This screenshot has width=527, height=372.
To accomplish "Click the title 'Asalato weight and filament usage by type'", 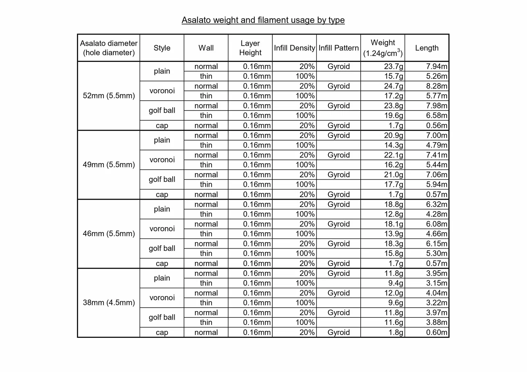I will coord(263,20).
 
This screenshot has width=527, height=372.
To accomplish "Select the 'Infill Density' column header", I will coord(294,48).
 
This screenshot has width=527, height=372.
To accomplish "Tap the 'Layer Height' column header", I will coord(250,48).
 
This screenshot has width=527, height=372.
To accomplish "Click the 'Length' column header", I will coord(427,48).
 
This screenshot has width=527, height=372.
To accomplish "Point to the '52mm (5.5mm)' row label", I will coord(109,96).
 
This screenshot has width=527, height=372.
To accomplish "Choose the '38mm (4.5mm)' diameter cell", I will coord(109,303).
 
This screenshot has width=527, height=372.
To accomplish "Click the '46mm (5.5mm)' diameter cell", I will coord(109,234).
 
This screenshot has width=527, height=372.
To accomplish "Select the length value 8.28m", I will coord(436,86).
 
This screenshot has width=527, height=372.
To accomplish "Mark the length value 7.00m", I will coord(436,135).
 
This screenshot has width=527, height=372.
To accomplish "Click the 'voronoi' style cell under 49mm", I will coord(162,160).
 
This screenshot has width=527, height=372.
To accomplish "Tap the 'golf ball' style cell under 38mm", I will coord(162,317).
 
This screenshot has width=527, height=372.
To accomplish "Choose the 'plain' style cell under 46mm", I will coord(162,209).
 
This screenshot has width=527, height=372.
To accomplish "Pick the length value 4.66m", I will coord(436,234).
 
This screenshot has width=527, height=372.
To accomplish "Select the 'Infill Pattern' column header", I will coord(338,48).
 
